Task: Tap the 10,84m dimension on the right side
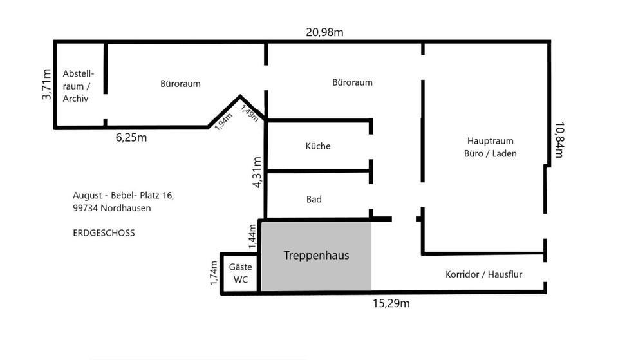coord(558,140)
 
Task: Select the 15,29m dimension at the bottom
coord(391,303)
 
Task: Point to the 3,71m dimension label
coord(46,84)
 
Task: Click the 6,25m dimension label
coord(131,137)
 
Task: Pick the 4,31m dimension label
coord(257,172)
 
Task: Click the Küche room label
coord(318,146)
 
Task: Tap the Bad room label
coord(314,200)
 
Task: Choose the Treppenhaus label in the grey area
coord(316,256)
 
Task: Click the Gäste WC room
coord(240,273)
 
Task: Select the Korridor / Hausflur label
coord(483,274)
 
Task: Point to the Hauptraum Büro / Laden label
coord(490,147)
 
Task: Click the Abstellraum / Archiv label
coord(79,86)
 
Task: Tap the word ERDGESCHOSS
coord(104,233)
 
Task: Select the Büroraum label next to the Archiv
coord(180,84)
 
